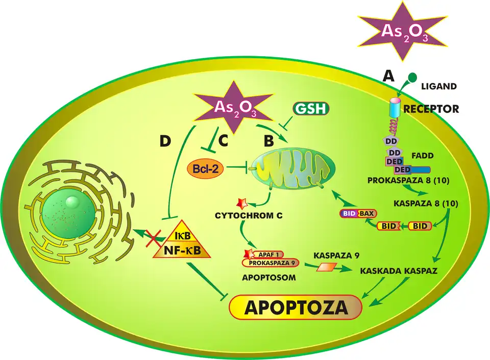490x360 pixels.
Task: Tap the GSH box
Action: click(x=311, y=109)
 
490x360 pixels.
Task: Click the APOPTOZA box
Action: click(x=296, y=307)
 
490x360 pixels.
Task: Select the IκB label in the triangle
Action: click(x=182, y=236)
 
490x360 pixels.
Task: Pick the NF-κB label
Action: click(x=182, y=250)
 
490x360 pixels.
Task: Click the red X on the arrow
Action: click(x=153, y=236)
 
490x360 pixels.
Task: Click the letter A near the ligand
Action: click(x=388, y=76)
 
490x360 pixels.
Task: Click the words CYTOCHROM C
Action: click(x=249, y=216)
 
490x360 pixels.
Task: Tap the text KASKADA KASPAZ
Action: click(x=399, y=270)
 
